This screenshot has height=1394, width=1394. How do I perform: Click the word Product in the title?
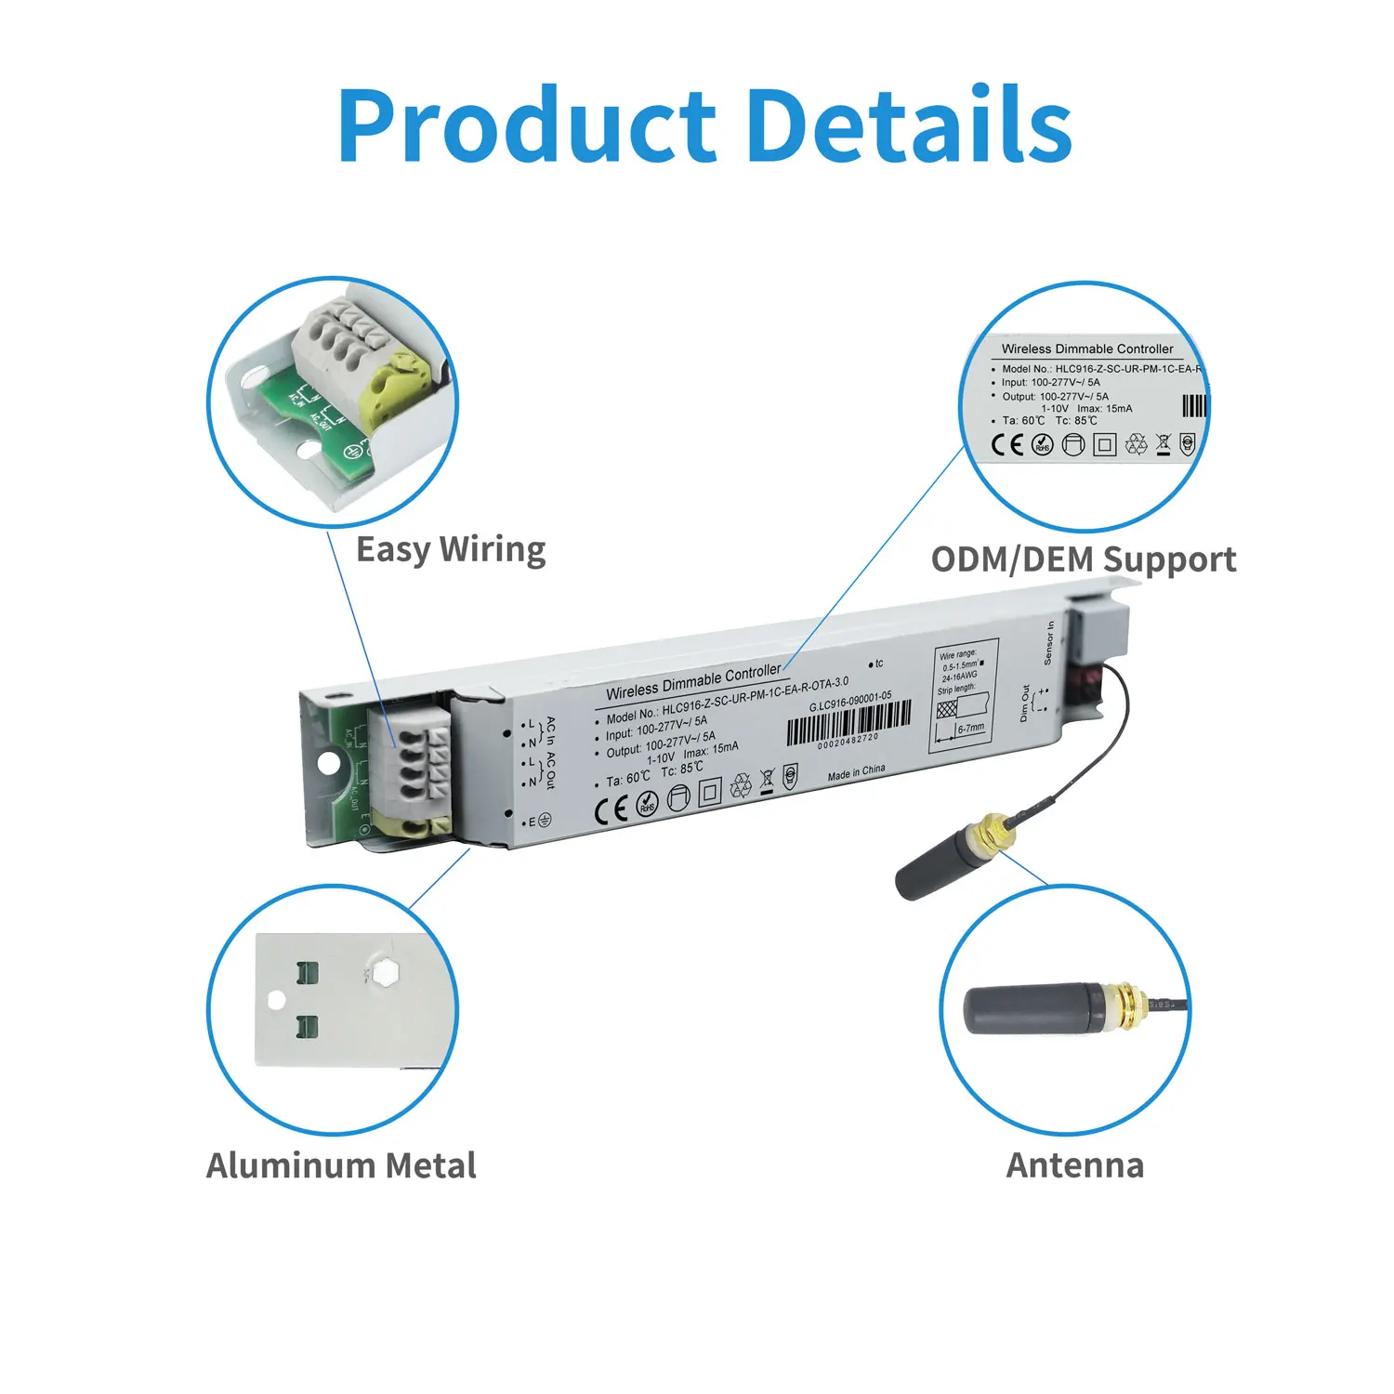526,125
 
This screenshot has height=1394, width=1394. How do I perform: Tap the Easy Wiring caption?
451,550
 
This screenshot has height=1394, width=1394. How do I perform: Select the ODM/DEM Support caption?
1084,559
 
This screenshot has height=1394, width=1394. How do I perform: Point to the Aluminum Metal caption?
341,1165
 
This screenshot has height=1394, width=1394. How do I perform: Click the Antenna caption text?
1074,1165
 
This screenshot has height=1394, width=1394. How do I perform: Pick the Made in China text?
856,772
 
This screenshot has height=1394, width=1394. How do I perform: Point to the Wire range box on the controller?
966,693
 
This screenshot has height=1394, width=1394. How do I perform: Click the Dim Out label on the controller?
1024,704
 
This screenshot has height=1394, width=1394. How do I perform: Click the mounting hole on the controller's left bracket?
327,762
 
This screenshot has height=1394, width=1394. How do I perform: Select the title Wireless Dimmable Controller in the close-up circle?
1086,349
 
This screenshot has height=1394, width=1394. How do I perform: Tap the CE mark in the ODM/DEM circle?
1006,445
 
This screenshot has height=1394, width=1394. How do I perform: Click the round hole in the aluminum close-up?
276,1000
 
